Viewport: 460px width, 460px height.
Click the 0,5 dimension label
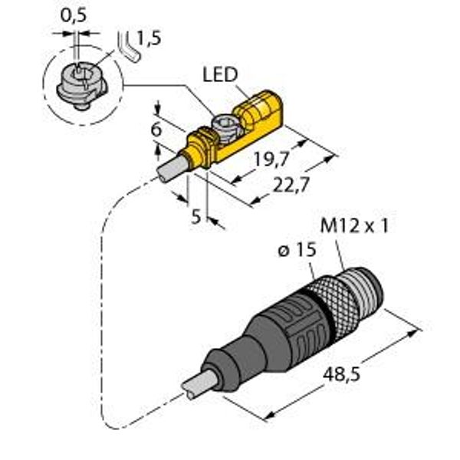(74, 15)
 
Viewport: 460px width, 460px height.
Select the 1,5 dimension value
(149, 38)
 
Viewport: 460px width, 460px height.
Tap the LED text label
(220, 74)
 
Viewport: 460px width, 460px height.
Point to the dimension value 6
(156, 130)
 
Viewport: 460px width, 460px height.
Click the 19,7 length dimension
(271, 159)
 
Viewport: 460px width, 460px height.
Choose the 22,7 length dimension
(291, 185)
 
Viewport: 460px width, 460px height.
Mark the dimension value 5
(196, 216)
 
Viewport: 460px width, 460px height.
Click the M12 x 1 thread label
(354, 226)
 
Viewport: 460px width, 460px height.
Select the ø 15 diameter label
(297, 250)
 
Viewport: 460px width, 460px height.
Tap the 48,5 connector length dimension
(341, 375)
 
